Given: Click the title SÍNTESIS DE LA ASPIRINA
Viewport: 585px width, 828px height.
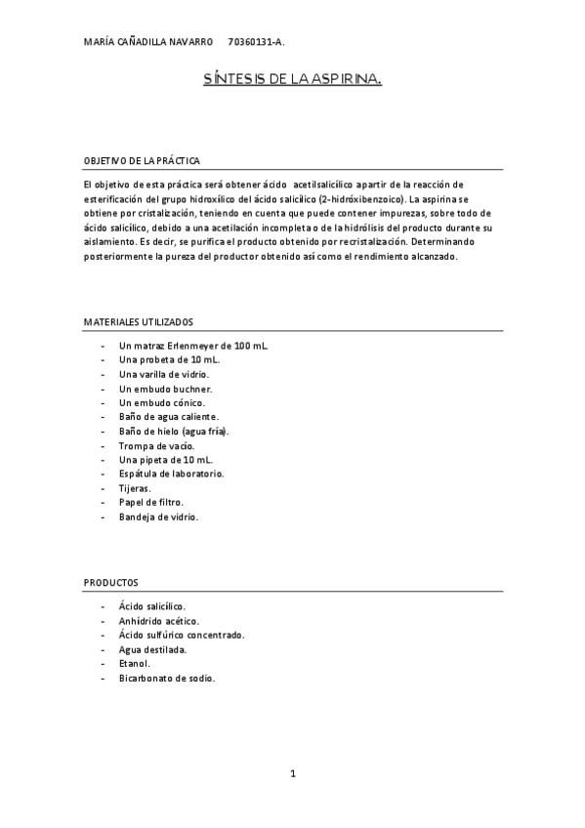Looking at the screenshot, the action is click(292, 85).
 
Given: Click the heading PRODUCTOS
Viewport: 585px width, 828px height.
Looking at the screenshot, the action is click(110, 581).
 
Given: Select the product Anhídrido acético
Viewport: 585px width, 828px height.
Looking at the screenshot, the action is click(159, 620).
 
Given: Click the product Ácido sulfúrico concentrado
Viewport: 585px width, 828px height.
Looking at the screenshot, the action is click(182, 635).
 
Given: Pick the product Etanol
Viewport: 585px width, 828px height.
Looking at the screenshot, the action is click(135, 663).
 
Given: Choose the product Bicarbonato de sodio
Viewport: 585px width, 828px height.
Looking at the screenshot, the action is click(166, 678).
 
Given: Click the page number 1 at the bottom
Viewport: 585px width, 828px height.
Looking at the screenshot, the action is click(292, 774).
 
